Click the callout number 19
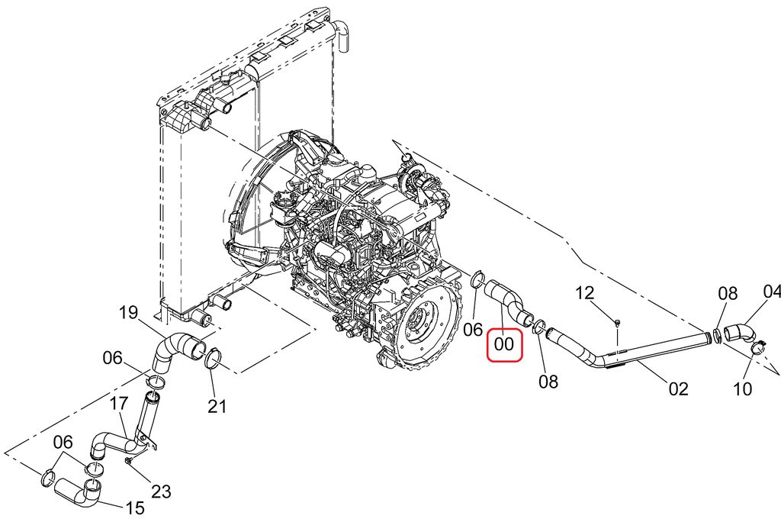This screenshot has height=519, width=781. [x=128, y=312]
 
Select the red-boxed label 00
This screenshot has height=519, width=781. [x=504, y=344]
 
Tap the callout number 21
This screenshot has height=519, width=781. [x=218, y=407]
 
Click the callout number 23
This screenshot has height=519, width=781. [x=161, y=491]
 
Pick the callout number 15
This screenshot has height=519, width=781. [x=134, y=507]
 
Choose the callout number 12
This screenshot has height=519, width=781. [x=584, y=292]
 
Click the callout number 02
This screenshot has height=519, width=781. [x=678, y=389]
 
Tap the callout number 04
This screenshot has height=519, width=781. [x=772, y=292]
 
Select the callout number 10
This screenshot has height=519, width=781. [x=742, y=389]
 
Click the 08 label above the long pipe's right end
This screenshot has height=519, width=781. [x=727, y=292]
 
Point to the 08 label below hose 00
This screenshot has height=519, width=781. [x=548, y=381]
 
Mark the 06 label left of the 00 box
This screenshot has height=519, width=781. [x=474, y=330]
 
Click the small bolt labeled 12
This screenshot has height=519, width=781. [x=617, y=324]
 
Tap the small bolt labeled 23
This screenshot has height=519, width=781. [x=130, y=461]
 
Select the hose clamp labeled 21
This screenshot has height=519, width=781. [x=214, y=357]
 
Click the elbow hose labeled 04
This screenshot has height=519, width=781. [x=738, y=332]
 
